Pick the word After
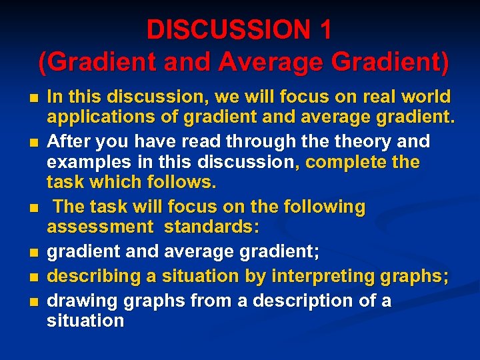[x=71, y=141]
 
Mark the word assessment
[x=99, y=227]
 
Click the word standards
[x=211, y=227]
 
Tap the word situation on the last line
[x=85, y=321]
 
